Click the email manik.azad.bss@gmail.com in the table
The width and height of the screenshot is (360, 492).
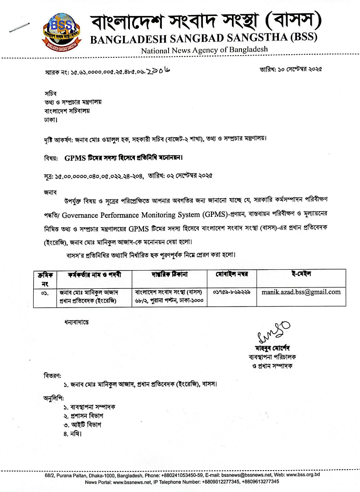[x=301, y=292]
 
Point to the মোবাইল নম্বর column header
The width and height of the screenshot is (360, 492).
[x=231, y=275]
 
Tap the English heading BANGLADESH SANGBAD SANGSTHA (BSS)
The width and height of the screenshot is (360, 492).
[x=204, y=38]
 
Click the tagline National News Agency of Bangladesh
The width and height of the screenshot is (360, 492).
[x=204, y=50]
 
